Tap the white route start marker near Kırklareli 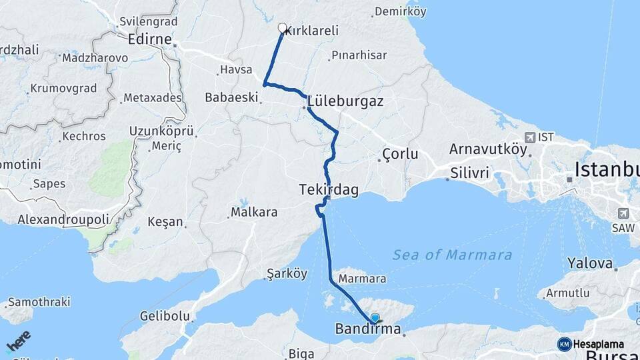point(282,28)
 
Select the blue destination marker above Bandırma point(375,319)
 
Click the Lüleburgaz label point(345,99)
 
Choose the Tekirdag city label point(329,190)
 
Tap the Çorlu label point(400,154)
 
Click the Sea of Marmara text point(452,255)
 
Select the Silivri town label point(470,173)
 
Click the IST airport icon point(530,137)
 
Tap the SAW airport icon point(623,213)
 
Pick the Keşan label point(165,221)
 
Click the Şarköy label point(287,273)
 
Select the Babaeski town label point(231,97)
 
